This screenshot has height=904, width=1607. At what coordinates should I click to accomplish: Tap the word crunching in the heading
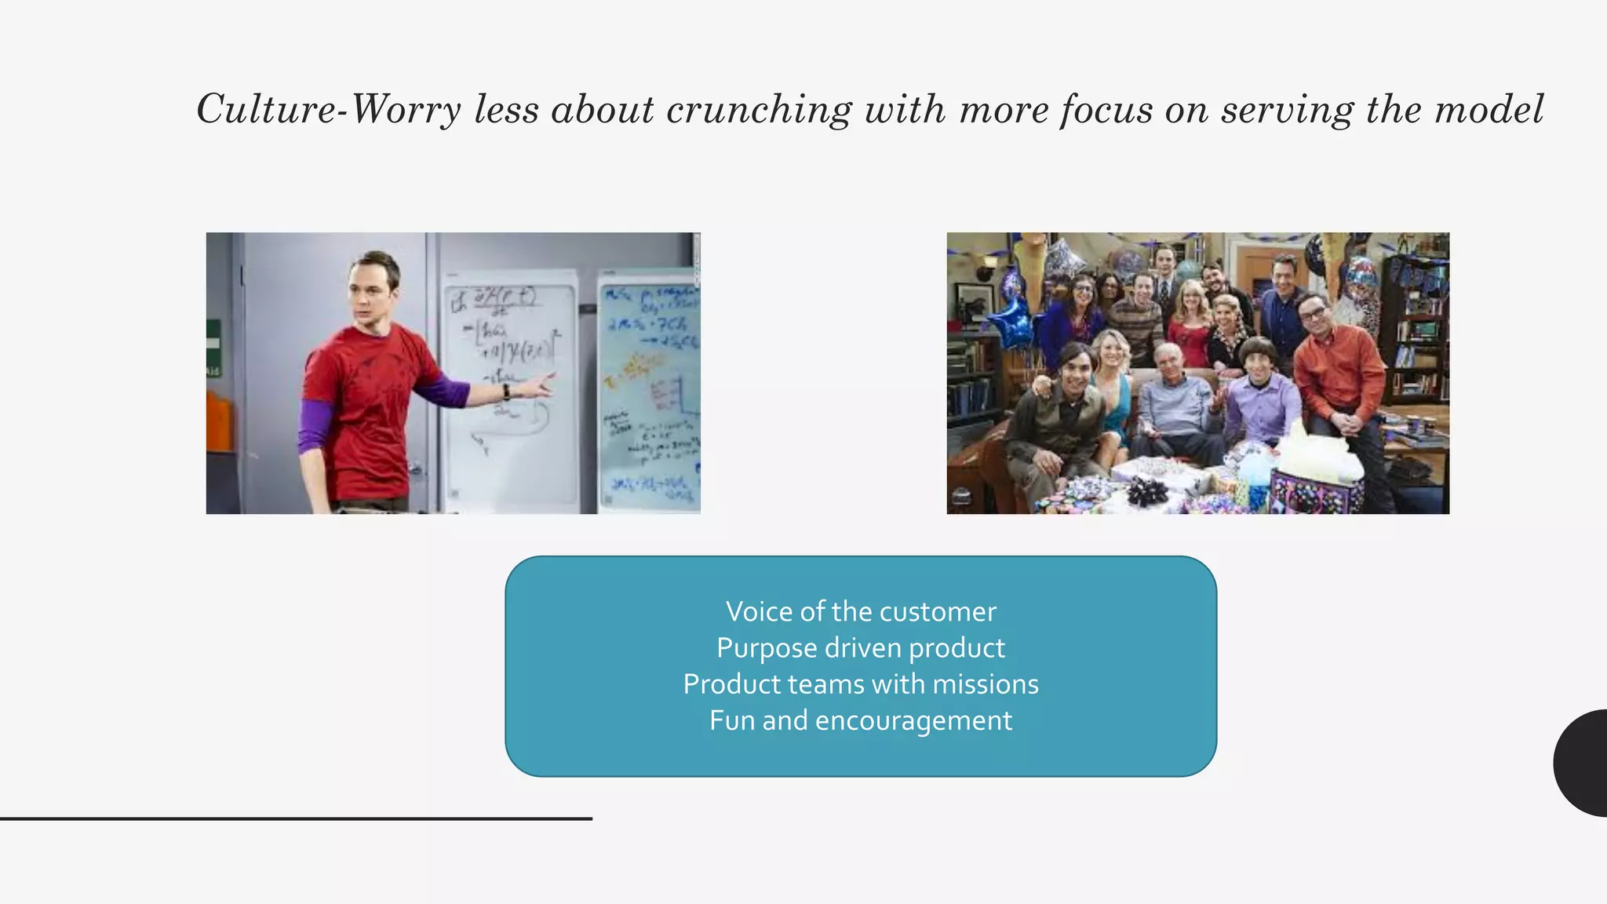point(758,109)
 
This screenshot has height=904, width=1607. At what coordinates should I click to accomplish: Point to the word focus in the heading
point(1106,109)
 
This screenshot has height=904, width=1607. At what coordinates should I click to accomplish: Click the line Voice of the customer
point(861,611)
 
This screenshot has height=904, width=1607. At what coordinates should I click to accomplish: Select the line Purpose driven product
point(861,648)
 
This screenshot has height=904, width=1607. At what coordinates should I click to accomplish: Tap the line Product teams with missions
point(861,684)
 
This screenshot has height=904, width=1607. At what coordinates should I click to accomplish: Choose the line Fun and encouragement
point(861,720)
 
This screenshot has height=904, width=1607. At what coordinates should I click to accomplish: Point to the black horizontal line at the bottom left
point(296,818)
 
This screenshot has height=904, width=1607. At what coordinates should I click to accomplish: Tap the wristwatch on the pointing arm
point(507,392)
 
